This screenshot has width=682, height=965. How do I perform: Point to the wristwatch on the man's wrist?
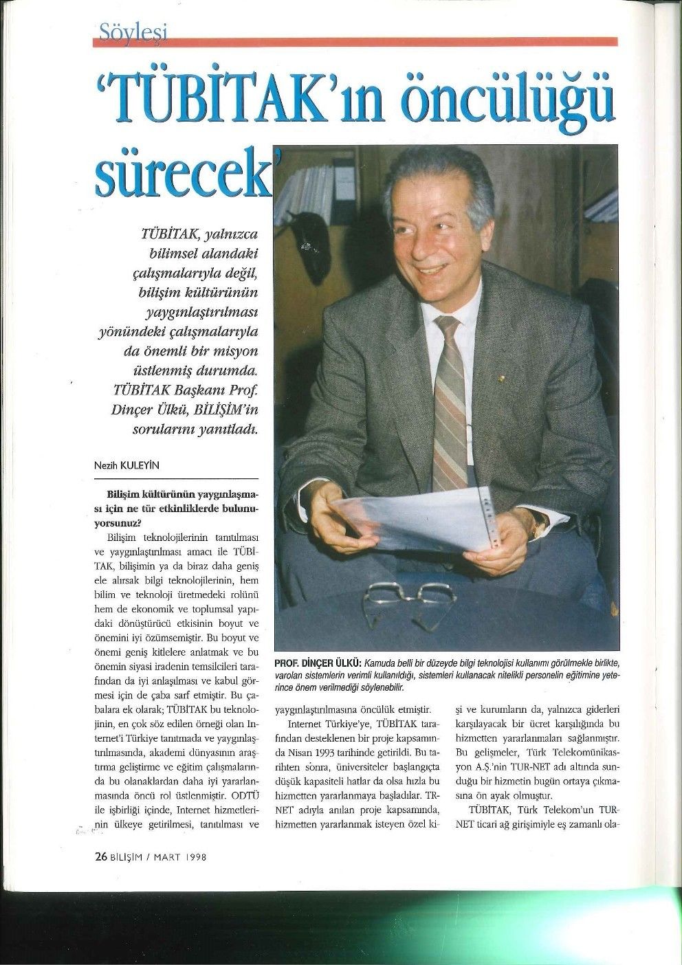tap(538, 526)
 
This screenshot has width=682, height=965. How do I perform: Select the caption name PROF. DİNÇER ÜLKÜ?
tap(317, 663)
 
